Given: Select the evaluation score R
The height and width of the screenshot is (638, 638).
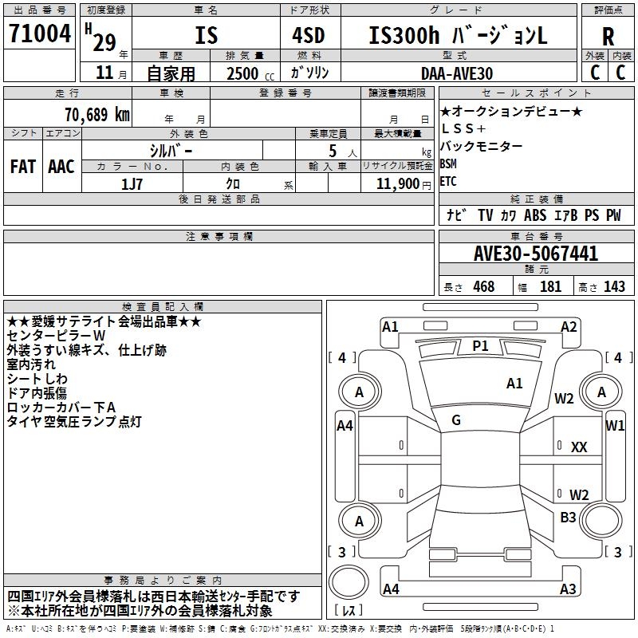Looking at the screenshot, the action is click(608, 37).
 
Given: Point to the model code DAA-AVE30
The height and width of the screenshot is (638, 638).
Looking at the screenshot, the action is click(457, 73).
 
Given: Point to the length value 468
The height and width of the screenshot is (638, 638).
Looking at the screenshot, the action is click(481, 287).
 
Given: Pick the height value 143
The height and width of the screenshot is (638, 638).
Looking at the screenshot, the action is click(614, 287).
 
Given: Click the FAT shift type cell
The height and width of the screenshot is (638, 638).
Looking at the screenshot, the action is click(23, 167).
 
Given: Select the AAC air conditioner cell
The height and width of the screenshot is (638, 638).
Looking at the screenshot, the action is click(61, 167).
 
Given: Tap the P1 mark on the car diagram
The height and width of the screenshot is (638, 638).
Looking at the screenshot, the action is click(480, 345).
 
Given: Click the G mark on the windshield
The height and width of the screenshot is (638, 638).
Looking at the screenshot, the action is click(456, 419).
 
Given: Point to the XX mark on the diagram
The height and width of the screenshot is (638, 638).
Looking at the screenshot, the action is click(579, 447).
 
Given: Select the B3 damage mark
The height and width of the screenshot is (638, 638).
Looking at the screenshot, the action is click(568, 518).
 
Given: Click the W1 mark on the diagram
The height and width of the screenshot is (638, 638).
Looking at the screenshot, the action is click(615, 426).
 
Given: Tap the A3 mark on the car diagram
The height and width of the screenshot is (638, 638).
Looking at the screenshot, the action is click(568, 589).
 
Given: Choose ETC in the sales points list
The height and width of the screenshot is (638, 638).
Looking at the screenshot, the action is click(448, 181).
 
